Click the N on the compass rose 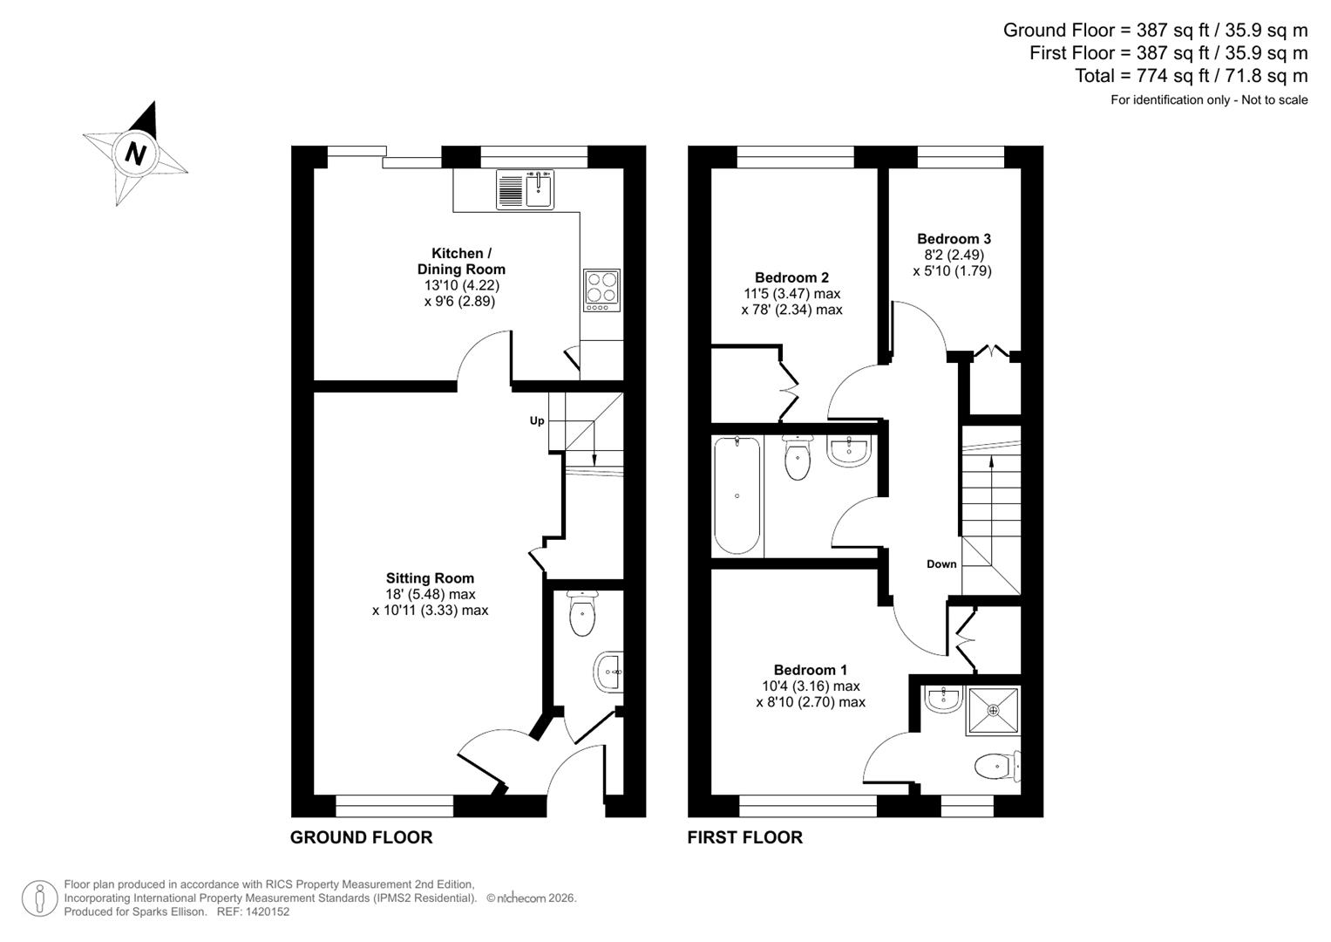tap(134, 154)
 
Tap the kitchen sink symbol tap(526, 189)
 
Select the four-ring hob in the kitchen tap(601, 290)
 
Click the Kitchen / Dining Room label tap(461, 262)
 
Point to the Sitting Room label tap(430, 578)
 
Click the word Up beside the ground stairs tap(537, 420)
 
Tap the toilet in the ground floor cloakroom tap(581, 614)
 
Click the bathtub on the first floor tap(737, 495)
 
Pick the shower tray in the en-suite tap(993, 711)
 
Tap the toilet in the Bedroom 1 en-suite tap(994, 767)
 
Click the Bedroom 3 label tap(954, 238)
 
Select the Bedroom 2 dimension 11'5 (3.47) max tap(791, 294)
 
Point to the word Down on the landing tap(941, 564)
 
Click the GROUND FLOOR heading tap(361, 837)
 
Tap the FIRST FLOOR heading tap(744, 837)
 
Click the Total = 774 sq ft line tap(1191, 76)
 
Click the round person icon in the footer tap(39, 898)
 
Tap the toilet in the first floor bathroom tap(797, 460)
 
